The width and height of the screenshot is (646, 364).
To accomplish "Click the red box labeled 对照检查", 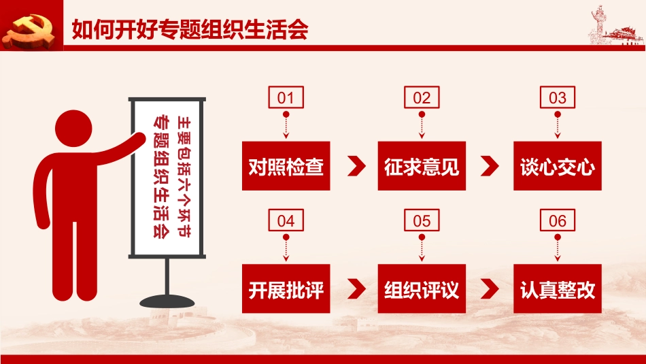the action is pyautogui.click(x=286, y=166).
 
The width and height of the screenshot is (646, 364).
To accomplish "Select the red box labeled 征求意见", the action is pyautogui.click(x=422, y=166).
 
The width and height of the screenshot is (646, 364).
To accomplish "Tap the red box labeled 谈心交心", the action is pyautogui.click(x=558, y=166).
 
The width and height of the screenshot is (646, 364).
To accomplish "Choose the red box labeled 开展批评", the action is pyautogui.click(x=286, y=288).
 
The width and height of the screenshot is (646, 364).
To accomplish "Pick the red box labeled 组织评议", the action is pyautogui.click(x=422, y=288).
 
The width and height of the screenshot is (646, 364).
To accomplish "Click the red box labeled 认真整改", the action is pyautogui.click(x=558, y=288).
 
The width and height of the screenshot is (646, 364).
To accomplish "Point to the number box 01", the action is pyautogui.click(x=286, y=97).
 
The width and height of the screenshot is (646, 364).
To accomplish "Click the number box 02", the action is pyautogui.click(x=422, y=97).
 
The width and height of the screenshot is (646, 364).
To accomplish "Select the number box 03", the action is pyautogui.click(x=558, y=97).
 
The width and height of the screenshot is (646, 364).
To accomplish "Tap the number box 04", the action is pyautogui.click(x=286, y=220).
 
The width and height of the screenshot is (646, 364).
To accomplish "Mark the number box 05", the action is pyautogui.click(x=422, y=220).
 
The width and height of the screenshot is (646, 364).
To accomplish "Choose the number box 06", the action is pyautogui.click(x=558, y=220).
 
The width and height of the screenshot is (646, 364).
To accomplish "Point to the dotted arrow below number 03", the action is pyautogui.click(x=558, y=125).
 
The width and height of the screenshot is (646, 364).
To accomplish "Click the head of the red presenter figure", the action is pyautogui.click(x=73, y=128).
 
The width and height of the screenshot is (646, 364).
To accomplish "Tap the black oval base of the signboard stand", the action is pyautogui.click(x=167, y=301).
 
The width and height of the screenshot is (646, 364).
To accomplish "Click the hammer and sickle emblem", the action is pyautogui.click(x=29, y=30).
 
